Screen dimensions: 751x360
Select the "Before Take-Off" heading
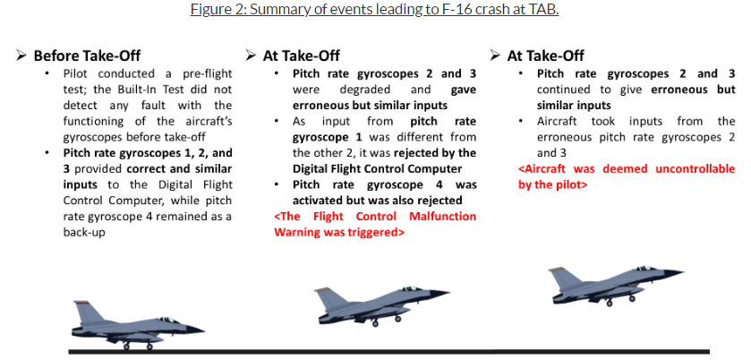tap(87, 56)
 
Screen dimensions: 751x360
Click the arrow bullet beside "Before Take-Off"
tap(21, 56)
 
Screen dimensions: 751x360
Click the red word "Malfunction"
tap(443, 217)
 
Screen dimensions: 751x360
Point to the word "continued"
tap(560, 90)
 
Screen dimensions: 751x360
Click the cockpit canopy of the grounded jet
tap(167, 320)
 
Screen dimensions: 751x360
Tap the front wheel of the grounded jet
tap(149, 346)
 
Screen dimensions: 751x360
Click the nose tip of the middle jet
tap(448, 291)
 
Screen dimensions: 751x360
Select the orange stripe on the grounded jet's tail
tap(81, 303)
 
